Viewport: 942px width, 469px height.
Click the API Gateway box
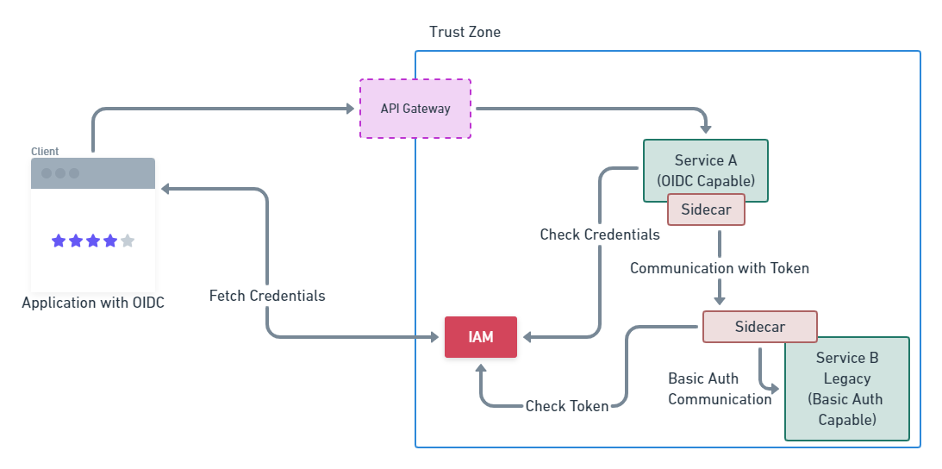(x=415, y=109)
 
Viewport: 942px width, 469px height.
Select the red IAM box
(x=480, y=337)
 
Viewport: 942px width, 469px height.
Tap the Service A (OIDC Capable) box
(x=705, y=169)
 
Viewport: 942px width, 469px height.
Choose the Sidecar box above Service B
(x=759, y=327)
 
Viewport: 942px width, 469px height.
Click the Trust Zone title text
(x=465, y=32)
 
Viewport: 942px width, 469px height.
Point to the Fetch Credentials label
(x=267, y=296)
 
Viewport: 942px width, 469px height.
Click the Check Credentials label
(x=600, y=234)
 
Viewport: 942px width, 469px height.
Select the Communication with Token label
(x=720, y=268)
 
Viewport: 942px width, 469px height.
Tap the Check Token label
(x=567, y=406)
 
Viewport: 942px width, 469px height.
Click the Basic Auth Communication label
(x=720, y=389)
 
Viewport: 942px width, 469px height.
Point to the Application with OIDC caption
(x=93, y=303)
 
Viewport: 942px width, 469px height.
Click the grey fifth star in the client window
(x=128, y=241)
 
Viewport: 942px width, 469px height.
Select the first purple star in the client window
(x=59, y=241)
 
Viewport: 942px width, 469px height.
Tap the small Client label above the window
(x=45, y=151)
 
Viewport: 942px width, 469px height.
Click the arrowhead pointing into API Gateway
(x=350, y=109)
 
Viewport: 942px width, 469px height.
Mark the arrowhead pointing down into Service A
(x=706, y=128)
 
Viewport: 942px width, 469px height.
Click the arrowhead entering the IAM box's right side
(x=527, y=337)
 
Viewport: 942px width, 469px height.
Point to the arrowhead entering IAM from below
(x=480, y=367)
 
